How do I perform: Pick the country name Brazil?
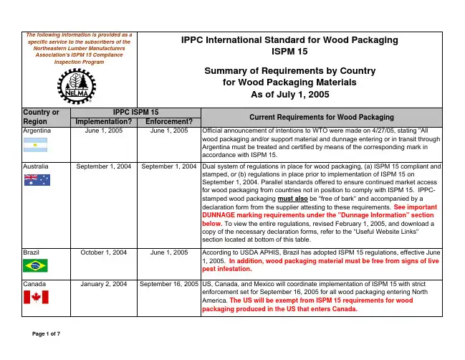click(32, 252)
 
